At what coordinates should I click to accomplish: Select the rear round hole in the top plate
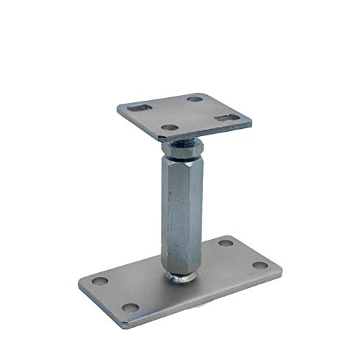point(195,98)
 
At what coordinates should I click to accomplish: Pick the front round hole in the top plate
point(169,128)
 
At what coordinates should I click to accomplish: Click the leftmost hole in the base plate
point(102,280)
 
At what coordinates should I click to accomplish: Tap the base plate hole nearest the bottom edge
point(130,307)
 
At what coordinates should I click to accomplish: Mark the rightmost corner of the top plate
point(251,125)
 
